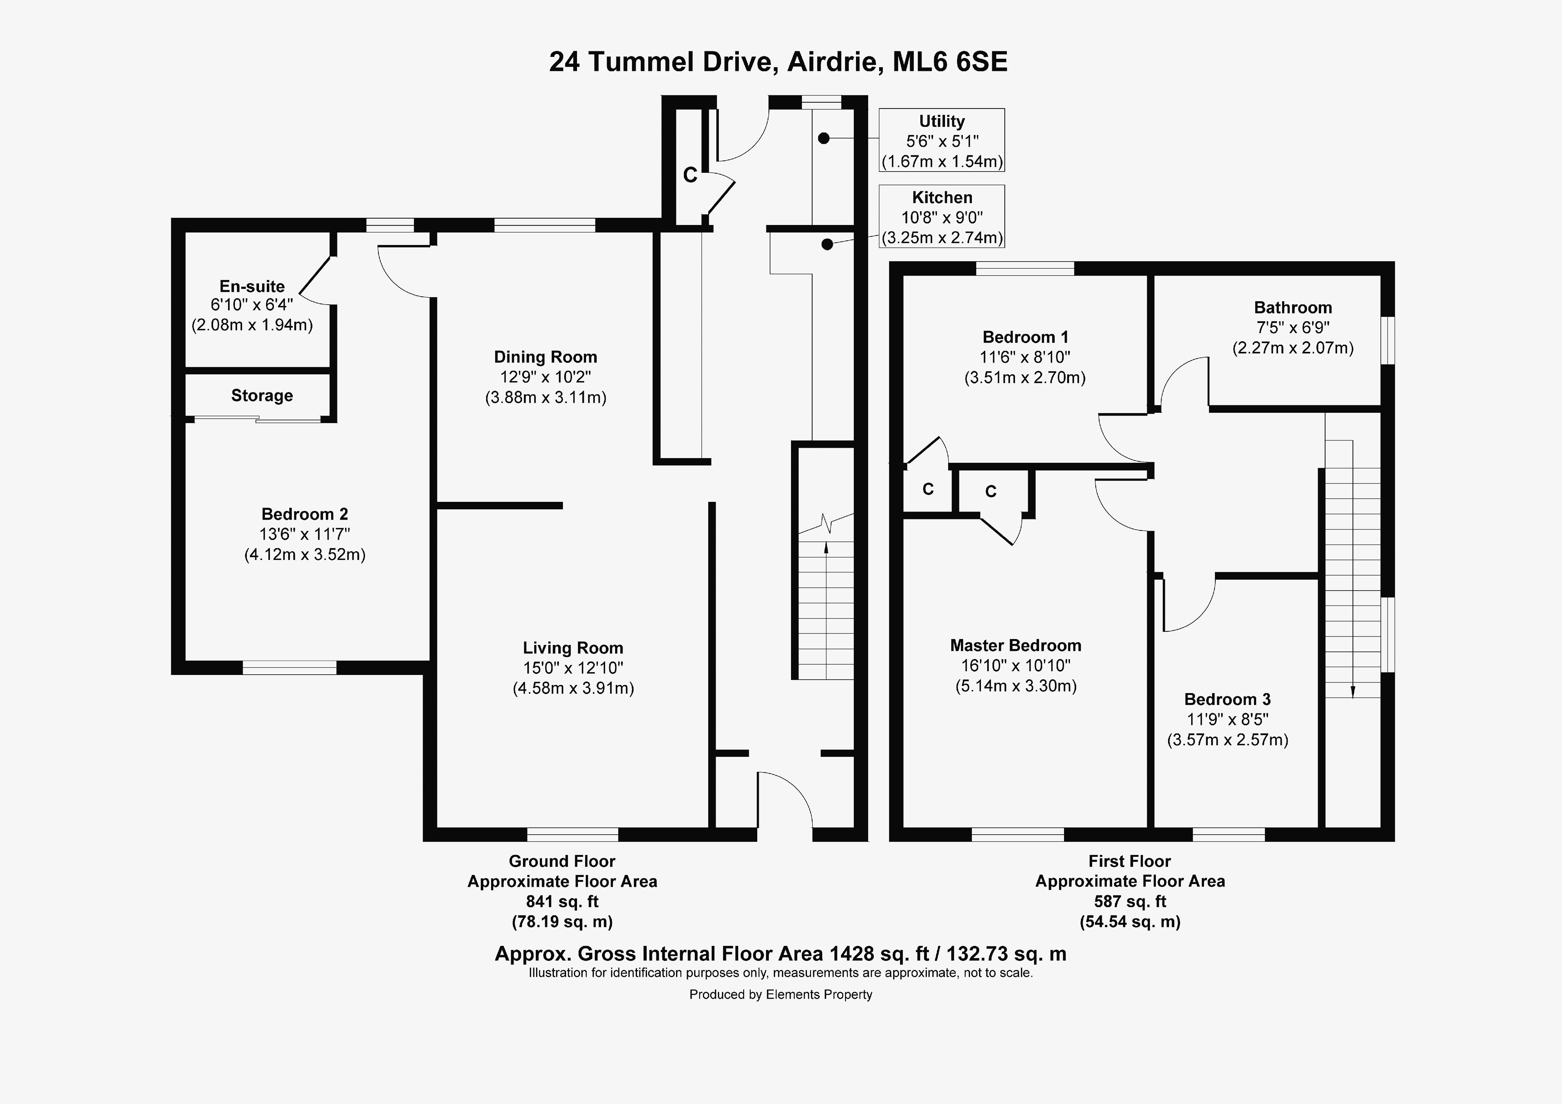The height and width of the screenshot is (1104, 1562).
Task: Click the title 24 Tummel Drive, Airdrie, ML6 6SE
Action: (778, 62)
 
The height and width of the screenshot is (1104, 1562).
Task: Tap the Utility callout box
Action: (942, 140)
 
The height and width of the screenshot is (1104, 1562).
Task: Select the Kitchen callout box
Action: (942, 217)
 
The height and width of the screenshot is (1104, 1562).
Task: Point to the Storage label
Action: (262, 396)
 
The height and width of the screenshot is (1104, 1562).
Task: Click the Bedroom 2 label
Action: (305, 514)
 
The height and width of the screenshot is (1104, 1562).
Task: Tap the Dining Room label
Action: (546, 357)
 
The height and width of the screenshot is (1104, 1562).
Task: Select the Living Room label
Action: (573, 648)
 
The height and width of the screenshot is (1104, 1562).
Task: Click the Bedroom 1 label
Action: (1025, 337)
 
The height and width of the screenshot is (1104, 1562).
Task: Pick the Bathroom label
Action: (1293, 308)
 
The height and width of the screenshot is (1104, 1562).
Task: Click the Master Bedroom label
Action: (1016, 645)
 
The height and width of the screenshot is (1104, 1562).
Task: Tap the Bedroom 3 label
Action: (1227, 699)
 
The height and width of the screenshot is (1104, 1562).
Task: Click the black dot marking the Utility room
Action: (824, 138)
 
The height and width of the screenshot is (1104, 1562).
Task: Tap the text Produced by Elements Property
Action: (780, 994)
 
